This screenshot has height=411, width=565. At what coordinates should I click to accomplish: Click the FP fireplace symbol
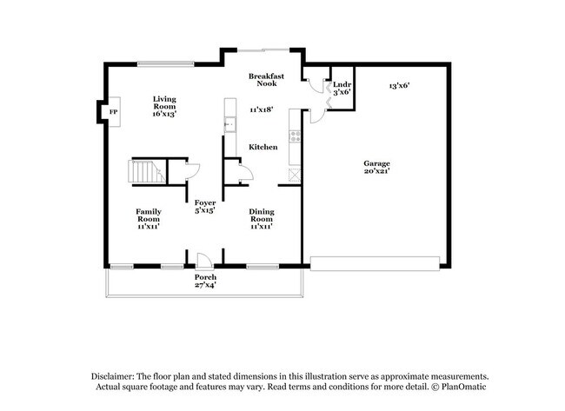(x=112, y=113)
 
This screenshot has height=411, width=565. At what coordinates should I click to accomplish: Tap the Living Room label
(x=165, y=106)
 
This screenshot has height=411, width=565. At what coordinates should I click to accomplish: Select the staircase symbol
(x=146, y=172)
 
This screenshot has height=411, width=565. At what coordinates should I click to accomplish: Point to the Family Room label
(x=148, y=218)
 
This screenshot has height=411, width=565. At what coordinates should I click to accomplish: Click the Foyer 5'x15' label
(x=204, y=206)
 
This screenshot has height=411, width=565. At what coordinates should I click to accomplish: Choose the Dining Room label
(x=262, y=218)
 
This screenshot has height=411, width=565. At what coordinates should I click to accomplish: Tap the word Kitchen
(x=263, y=148)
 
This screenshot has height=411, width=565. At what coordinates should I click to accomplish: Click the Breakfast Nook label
(x=267, y=80)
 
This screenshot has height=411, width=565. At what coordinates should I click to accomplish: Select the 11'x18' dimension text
(x=262, y=109)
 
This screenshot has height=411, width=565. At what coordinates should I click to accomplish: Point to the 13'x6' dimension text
(x=399, y=85)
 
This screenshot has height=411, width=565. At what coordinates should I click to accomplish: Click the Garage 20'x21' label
(x=376, y=168)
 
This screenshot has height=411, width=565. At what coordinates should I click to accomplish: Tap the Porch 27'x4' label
(x=205, y=281)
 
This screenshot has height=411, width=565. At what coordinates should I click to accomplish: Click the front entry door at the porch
(x=203, y=260)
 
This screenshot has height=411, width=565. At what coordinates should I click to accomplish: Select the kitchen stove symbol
(x=295, y=136)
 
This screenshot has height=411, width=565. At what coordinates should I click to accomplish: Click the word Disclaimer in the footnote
(x=118, y=375)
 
